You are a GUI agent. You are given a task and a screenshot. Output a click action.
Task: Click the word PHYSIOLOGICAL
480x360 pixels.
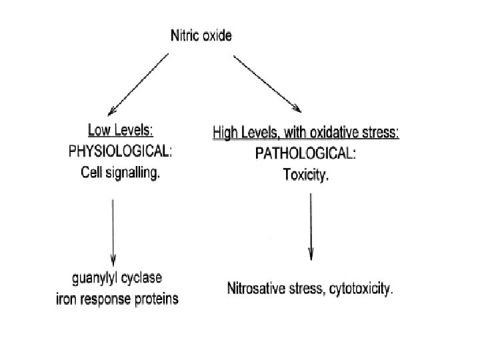coord(120,151)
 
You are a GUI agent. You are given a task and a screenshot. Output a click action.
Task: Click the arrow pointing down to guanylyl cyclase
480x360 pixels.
coord(113,230)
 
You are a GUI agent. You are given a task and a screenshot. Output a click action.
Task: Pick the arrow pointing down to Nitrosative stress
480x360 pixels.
coord(311,227)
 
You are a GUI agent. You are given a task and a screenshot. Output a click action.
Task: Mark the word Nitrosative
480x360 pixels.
coord(257,290)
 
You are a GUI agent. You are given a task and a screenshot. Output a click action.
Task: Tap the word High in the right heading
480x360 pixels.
coord(226,133)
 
